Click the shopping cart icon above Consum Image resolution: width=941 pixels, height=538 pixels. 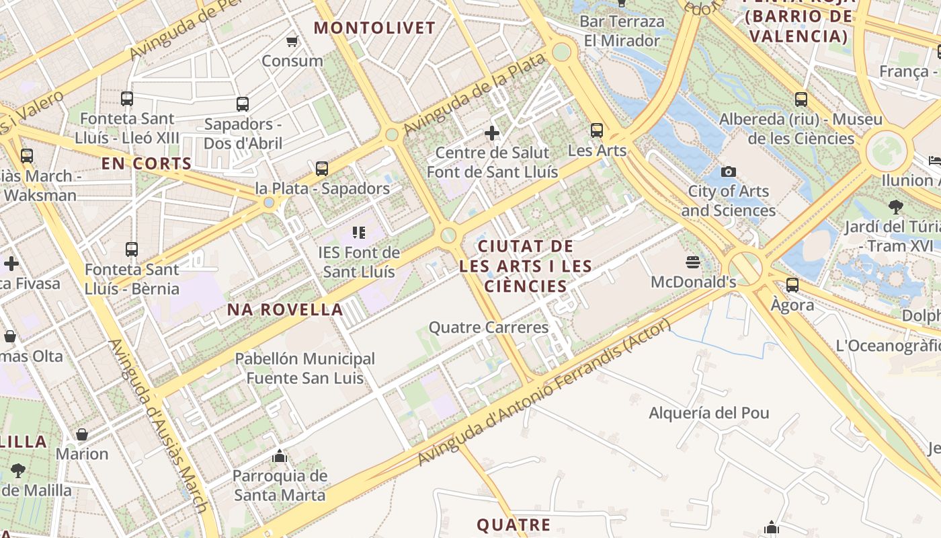(x=292, y=42)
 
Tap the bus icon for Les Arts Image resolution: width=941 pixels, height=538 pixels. (x=597, y=130)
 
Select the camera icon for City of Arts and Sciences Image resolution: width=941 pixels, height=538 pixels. (x=728, y=172)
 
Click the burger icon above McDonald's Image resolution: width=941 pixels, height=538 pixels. (x=693, y=262)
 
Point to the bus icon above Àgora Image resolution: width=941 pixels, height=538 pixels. (x=792, y=284)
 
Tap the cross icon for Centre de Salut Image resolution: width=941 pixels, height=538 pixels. (x=492, y=133)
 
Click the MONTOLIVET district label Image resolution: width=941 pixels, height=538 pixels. (x=375, y=28)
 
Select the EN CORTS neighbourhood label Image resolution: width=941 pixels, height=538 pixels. (x=147, y=163)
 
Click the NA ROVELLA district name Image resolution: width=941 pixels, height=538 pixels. (x=286, y=309)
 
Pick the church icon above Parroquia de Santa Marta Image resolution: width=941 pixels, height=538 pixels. (x=280, y=457)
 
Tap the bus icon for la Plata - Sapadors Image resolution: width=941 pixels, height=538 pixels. (x=322, y=169)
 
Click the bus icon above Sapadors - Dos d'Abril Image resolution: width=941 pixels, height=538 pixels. (x=243, y=104)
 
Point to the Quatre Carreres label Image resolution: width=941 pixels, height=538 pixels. (x=489, y=328)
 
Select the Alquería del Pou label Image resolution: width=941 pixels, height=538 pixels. (x=708, y=413)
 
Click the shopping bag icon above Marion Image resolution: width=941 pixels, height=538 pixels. (x=82, y=434)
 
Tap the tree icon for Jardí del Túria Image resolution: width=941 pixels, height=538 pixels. (x=895, y=206)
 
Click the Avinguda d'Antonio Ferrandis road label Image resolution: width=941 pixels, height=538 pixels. (x=544, y=393)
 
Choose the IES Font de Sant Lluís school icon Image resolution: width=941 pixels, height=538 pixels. (x=359, y=233)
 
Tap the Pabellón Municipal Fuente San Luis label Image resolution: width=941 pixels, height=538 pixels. (x=304, y=369)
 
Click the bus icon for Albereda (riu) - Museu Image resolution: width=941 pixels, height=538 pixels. (x=801, y=100)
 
